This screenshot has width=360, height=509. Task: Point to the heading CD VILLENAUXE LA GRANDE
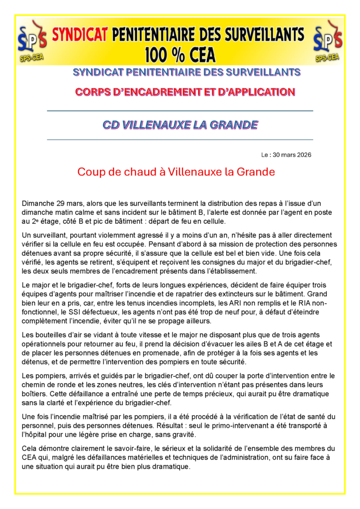[180, 125]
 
